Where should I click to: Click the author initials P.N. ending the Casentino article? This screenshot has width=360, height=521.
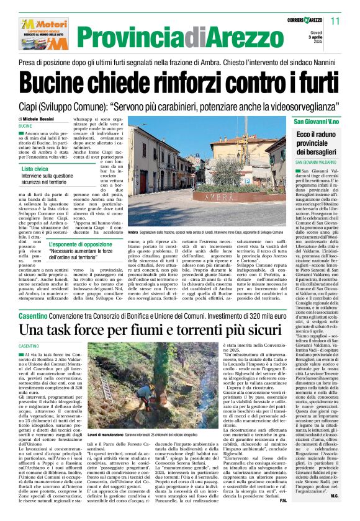click(x=300, y=501)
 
